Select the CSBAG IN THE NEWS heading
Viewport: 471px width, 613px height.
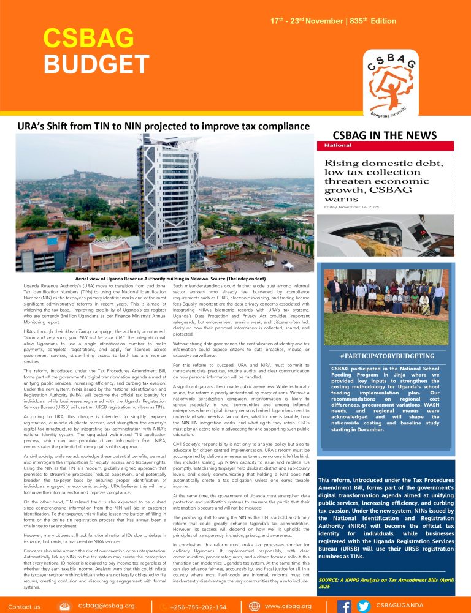[x=385, y=135]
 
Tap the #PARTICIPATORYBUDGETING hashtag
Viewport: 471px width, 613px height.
[x=386, y=356]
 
